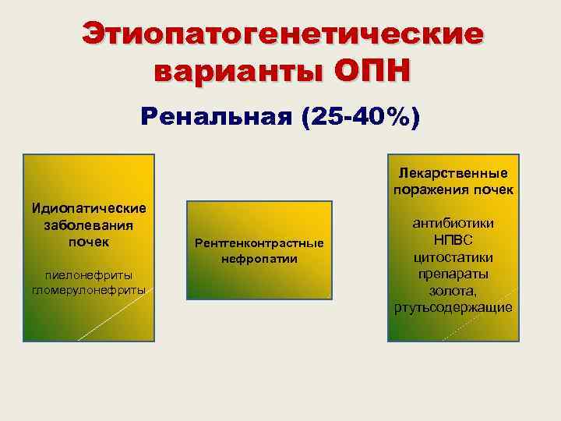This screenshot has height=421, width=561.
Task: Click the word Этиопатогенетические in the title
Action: point(282,34)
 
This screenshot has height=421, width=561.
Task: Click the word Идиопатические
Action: point(89,209)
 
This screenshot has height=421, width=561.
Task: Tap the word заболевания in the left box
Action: point(89,225)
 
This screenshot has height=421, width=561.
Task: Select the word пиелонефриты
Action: point(89,274)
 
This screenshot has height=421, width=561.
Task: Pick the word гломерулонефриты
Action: point(89,290)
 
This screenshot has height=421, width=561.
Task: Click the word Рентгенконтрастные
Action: point(259,243)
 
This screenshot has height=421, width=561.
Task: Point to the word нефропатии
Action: point(259,257)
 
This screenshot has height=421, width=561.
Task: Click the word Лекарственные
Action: point(452,172)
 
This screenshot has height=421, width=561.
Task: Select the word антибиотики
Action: point(453,224)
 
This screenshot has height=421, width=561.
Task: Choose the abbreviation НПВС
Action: point(453,240)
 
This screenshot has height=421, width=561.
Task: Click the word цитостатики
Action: point(453,257)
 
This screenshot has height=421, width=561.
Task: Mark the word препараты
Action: point(453,274)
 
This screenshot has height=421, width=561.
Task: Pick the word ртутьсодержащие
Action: point(453,307)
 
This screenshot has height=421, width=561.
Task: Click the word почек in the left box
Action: point(89,241)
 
